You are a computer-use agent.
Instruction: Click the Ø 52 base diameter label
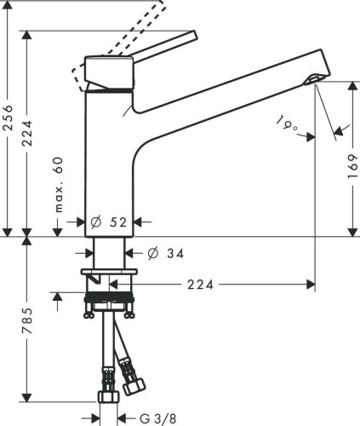pyautogui.click(x=109, y=222)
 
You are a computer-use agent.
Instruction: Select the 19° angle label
pyautogui.click(x=288, y=124)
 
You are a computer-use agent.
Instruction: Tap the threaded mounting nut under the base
pyautogui.click(x=109, y=300)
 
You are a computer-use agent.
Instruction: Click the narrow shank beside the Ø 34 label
pyautogui.click(x=109, y=253)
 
